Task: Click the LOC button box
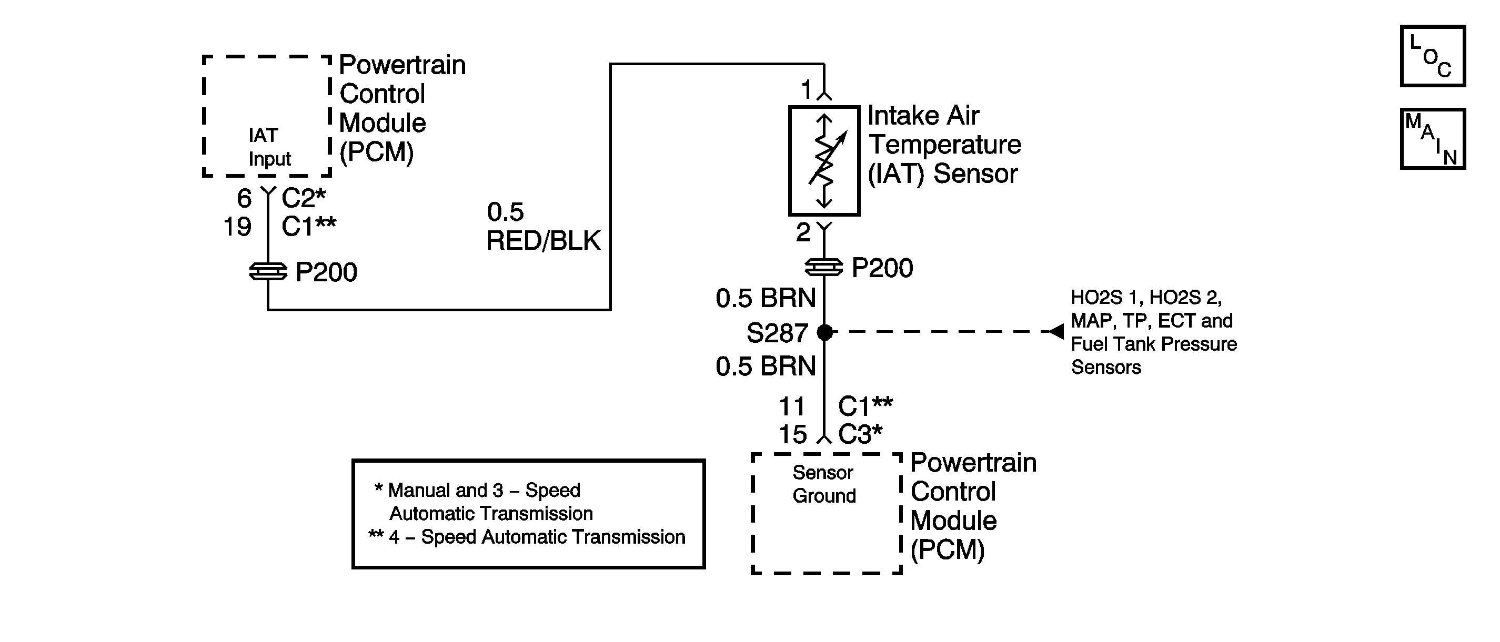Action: [x=1433, y=56]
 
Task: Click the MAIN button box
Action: [x=1433, y=138]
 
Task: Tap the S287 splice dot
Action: [x=824, y=332]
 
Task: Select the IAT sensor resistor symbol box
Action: [x=824, y=161]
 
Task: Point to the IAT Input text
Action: [x=269, y=147]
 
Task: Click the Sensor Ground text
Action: [x=824, y=484]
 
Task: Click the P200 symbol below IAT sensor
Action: [x=824, y=267]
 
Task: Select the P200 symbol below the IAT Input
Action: [x=268, y=271]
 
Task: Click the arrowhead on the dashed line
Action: [x=1056, y=331]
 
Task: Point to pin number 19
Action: [x=238, y=227]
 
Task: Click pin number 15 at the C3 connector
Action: [x=792, y=434]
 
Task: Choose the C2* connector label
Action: [x=304, y=198]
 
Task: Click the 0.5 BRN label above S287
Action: [x=766, y=298]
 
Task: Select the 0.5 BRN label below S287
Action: [x=766, y=366]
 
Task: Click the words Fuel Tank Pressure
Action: [x=1154, y=344]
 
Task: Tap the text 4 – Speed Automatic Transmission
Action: [x=537, y=537]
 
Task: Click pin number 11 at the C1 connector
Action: [x=792, y=406]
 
